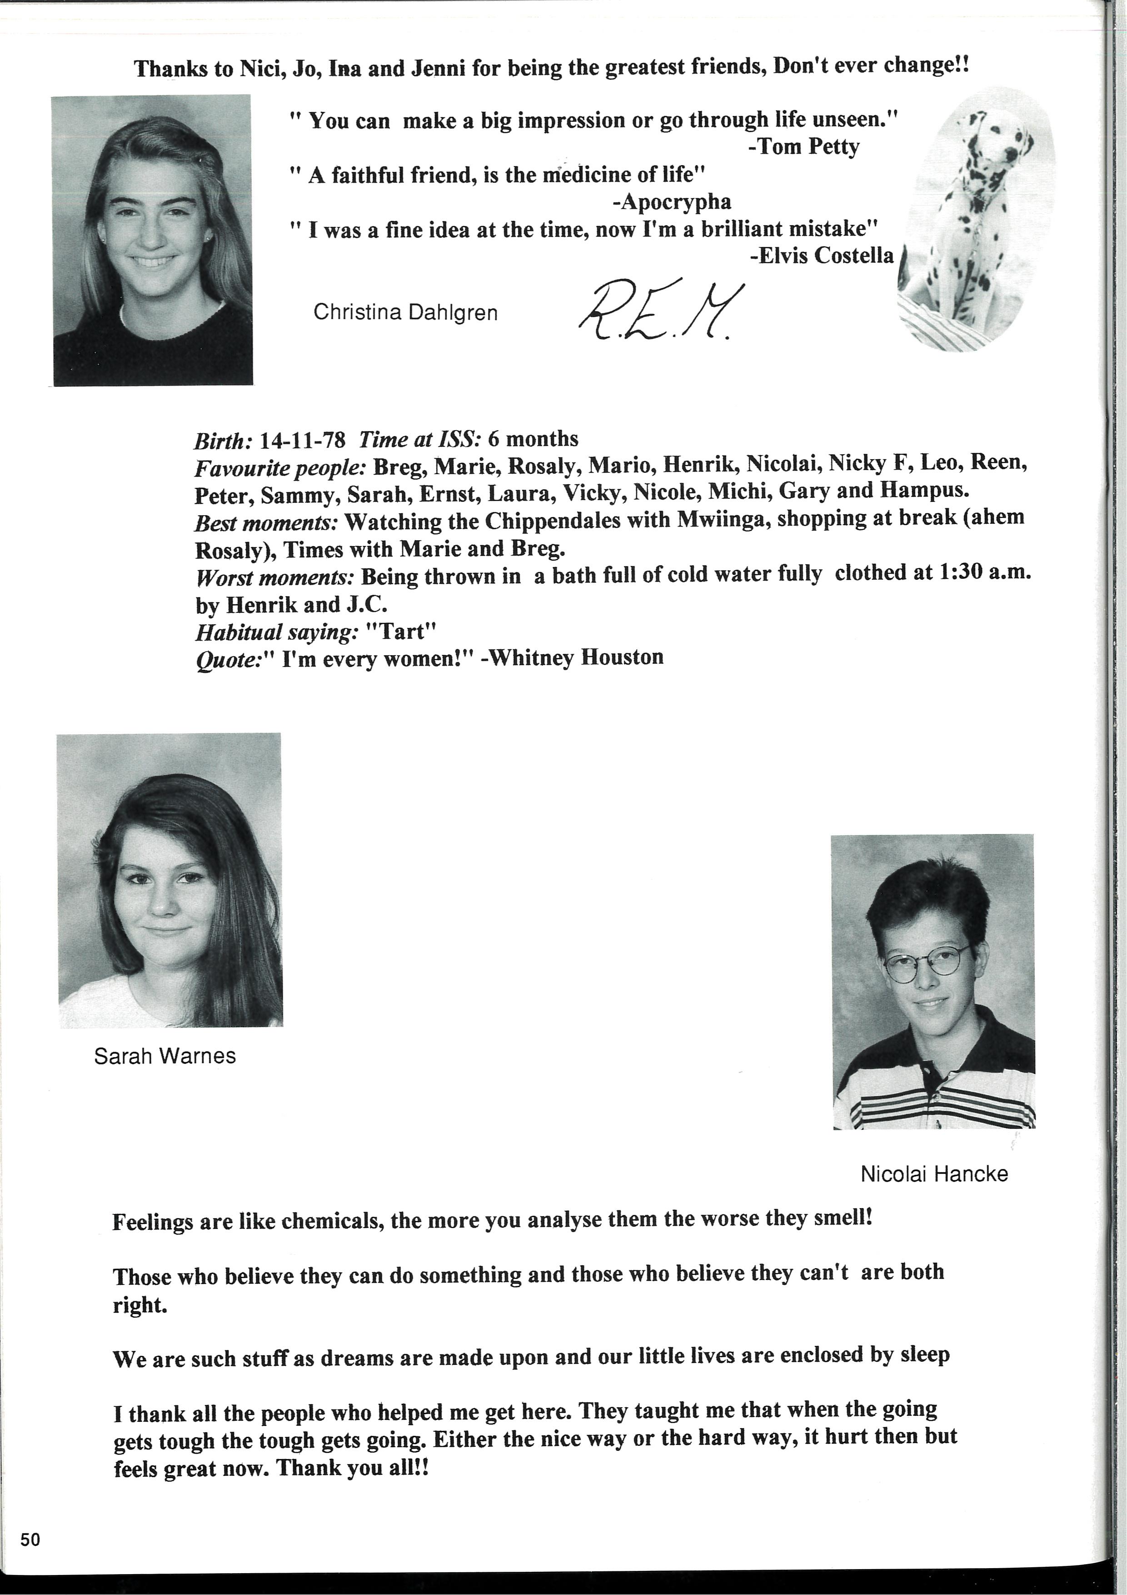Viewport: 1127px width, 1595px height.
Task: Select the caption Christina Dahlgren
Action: click(x=405, y=313)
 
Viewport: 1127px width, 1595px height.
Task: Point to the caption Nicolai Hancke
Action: click(x=934, y=1174)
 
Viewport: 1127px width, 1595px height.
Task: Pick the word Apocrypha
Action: click(x=676, y=202)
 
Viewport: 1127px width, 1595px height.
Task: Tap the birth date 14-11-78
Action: click(x=302, y=440)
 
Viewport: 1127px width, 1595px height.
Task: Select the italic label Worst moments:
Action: click(x=276, y=577)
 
